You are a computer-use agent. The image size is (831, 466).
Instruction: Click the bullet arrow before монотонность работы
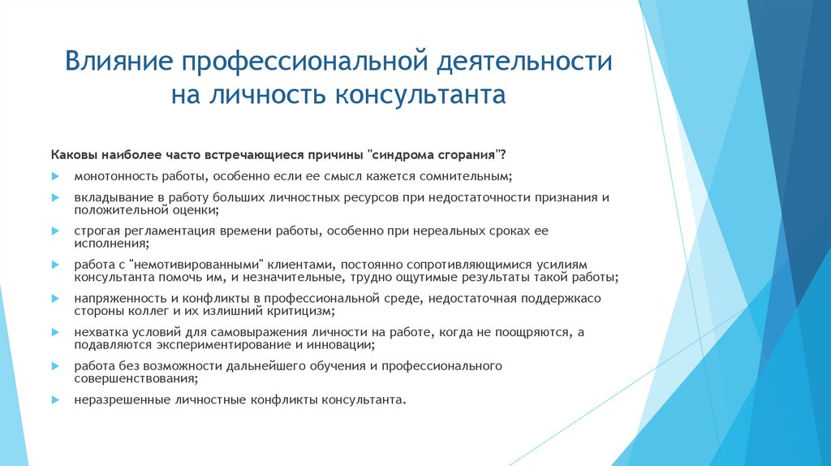(56, 176)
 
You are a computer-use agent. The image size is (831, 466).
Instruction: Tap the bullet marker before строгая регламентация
(56, 231)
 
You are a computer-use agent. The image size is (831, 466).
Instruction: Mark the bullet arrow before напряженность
(56, 300)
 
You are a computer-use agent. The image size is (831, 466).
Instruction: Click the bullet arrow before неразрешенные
(56, 400)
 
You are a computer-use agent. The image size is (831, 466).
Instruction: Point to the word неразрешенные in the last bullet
(110, 400)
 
